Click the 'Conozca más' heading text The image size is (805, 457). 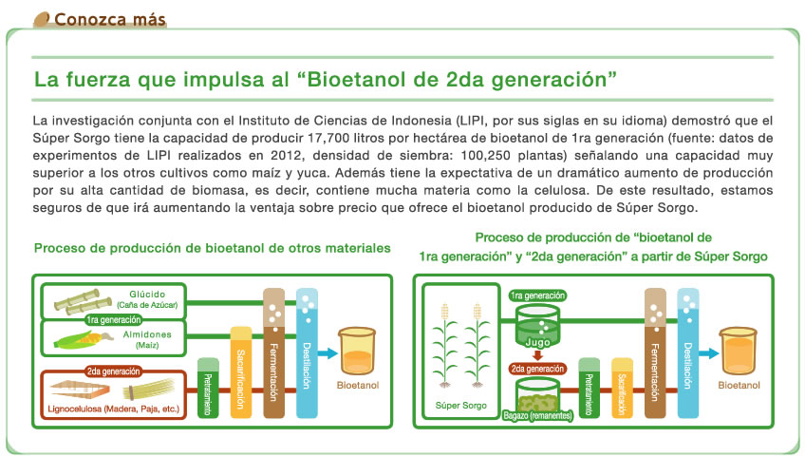click(x=110, y=20)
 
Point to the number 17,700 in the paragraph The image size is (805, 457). click(x=326, y=138)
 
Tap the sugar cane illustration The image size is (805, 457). click(x=83, y=302)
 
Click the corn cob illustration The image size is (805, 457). click(x=84, y=339)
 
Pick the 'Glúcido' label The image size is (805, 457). click(x=147, y=294)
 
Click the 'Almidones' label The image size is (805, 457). click(x=147, y=334)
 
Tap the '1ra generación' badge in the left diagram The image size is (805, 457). click(x=114, y=320)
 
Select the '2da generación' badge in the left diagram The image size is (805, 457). click(x=114, y=371)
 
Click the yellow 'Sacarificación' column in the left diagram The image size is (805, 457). click(x=241, y=371)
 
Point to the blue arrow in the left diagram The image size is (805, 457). click(x=328, y=353)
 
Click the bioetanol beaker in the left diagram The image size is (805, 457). click(x=357, y=351)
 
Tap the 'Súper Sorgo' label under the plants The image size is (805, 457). click(x=461, y=405)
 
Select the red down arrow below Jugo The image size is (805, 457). click(x=537, y=355)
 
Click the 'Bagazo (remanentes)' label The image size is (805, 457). click(x=537, y=415)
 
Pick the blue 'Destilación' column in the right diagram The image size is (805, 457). click(x=688, y=353)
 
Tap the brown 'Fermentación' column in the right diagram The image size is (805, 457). click(x=655, y=353)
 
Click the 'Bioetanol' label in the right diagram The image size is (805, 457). click(x=739, y=385)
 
